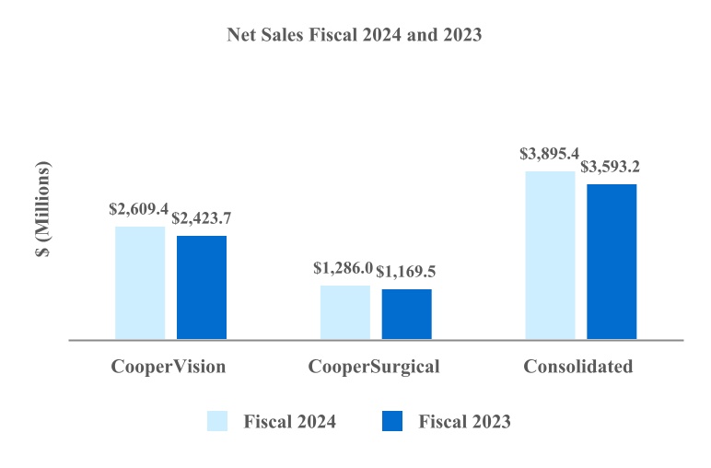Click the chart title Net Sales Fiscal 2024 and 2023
[x=355, y=35]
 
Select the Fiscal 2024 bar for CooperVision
[x=140, y=283]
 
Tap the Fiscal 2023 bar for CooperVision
[x=202, y=287]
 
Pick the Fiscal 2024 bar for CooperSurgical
[x=345, y=312]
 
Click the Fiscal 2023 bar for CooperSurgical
[x=407, y=314]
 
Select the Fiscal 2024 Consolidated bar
[x=550, y=255]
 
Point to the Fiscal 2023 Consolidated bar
[x=612, y=262]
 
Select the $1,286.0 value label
[x=343, y=269]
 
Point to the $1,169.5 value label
[x=406, y=274]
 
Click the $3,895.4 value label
[x=550, y=155]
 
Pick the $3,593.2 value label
[x=611, y=168]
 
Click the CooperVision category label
[x=169, y=367]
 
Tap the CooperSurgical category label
[x=374, y=367]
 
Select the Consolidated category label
[x=578, y=367]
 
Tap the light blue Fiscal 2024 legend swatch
[x=217, y=421]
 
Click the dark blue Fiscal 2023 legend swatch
[x=391, y=421]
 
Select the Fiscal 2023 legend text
[x=464, y=422]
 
